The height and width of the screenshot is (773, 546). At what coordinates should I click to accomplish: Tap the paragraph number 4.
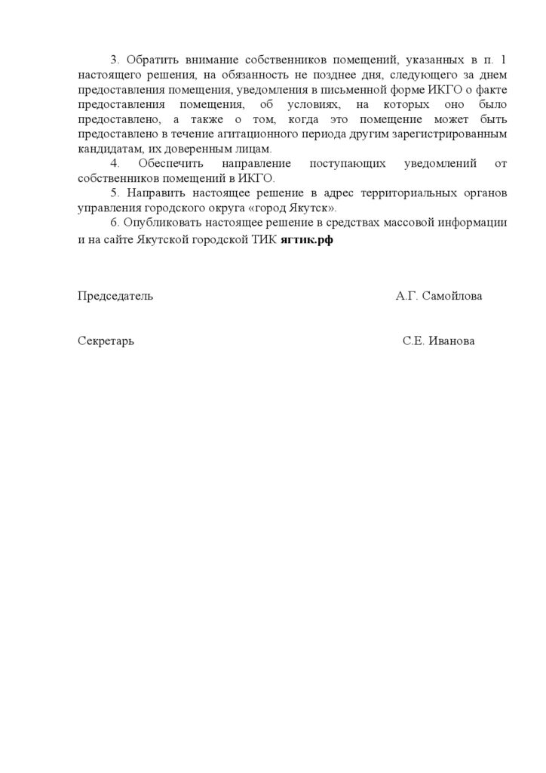114,164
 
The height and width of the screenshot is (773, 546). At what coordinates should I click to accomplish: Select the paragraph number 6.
114,223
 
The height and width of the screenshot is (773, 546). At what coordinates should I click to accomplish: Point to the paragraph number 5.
114,193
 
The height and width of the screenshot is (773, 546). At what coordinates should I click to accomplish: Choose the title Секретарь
106,341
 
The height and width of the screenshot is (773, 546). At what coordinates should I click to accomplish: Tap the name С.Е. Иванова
439,341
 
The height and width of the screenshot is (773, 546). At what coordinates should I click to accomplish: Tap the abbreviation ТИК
263,239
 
